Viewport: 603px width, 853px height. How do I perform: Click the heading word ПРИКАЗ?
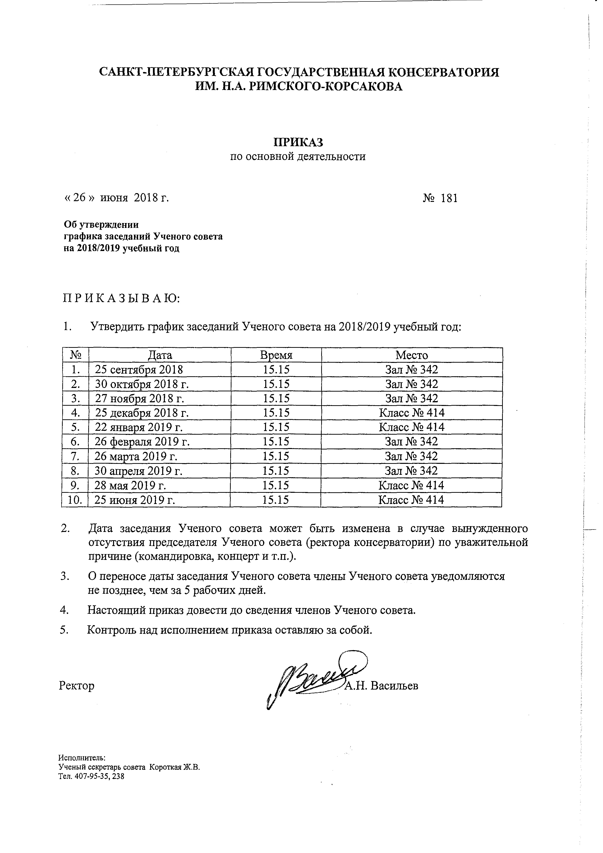(299, 142)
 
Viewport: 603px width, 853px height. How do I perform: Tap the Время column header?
(276, 355)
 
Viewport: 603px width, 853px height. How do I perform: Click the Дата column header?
(160, 355)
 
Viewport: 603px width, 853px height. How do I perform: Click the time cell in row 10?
(275, 500)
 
